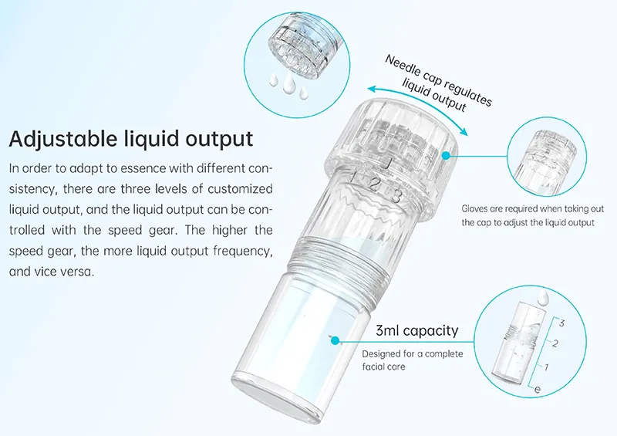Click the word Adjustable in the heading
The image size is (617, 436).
[63, 139]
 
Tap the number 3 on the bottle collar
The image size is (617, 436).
[396, 194]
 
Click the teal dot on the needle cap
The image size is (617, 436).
[446, 156]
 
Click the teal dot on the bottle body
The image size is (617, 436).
[335, 340]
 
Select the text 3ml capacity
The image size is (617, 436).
[417, 330]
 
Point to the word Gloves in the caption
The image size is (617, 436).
[475, 209]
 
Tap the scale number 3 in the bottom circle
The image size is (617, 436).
[561, 323]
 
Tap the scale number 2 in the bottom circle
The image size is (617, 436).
[555, 344]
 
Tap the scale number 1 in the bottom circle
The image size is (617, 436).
[547, 367]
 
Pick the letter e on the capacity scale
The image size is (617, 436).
[538, 390]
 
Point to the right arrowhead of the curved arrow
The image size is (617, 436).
[464, 131]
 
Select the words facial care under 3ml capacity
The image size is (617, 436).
[383, 367]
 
